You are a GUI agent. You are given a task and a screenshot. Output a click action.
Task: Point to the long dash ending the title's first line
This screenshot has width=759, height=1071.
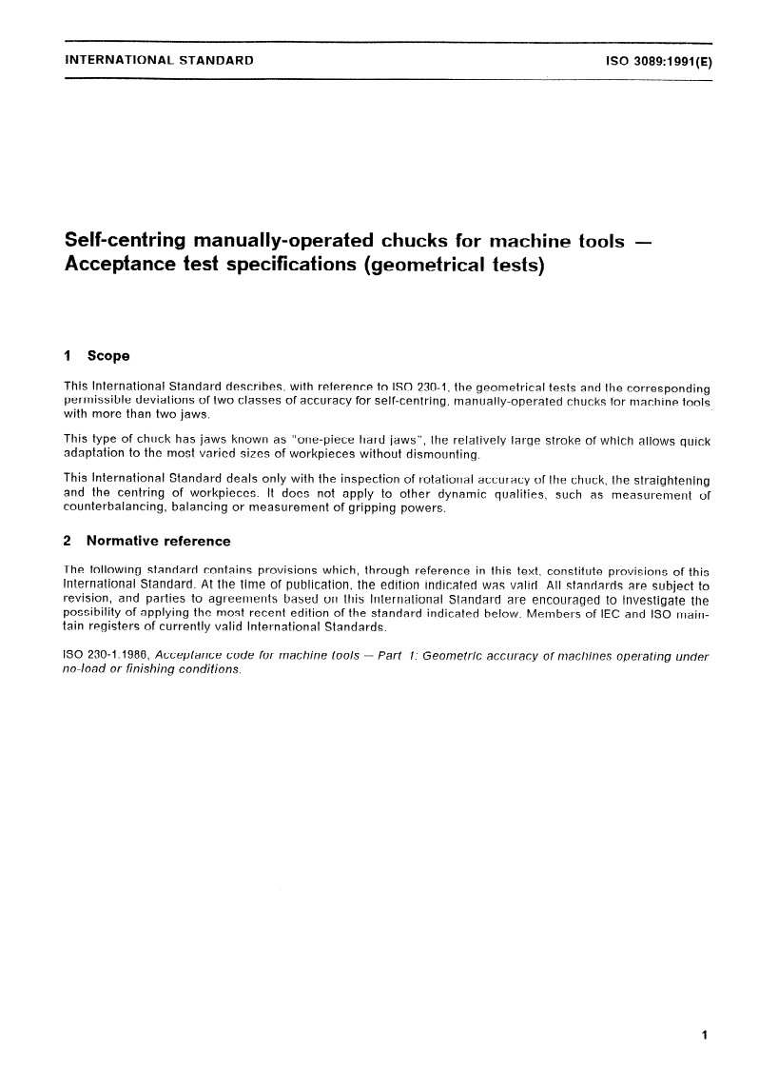[x=643, y=241]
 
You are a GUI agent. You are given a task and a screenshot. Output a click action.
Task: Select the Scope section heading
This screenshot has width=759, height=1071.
[x=108, y=356]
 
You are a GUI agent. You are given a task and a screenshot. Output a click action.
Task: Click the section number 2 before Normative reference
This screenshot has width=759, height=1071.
[x=68, y=541]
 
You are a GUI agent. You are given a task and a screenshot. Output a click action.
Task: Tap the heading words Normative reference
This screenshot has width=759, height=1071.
[x=158, y=541]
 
